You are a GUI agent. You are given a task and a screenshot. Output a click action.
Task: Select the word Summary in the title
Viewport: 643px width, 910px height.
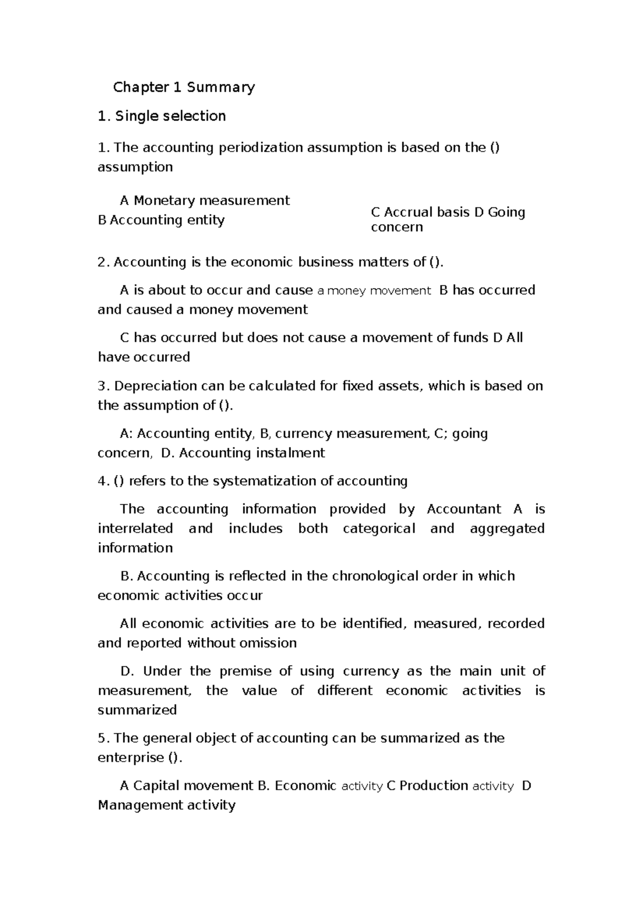tap(221, 87)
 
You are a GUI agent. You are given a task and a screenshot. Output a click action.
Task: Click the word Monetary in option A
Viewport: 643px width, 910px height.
tap(164, 200)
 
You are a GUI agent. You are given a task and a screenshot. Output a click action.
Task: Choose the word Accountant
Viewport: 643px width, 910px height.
tap(464, 509)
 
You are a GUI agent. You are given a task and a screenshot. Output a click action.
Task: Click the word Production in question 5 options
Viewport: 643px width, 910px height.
tap(434, 786)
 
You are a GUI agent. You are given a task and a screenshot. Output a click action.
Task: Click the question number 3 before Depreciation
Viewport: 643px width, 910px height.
tap(103, 386)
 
